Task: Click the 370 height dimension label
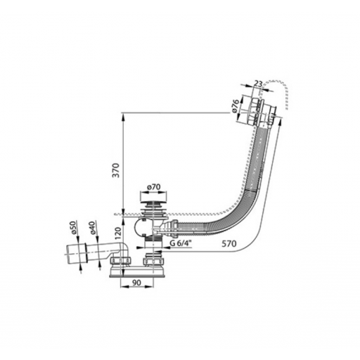coord(117,170)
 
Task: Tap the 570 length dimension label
coord(229,244)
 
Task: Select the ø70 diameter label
coord(153,187)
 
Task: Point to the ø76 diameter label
coord(236,106)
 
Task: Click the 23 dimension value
coord(258,84)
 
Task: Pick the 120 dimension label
coord(118,233)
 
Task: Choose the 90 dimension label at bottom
coord(136,283)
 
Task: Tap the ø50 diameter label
coord(73,227)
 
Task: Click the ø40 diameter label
coord(92,227)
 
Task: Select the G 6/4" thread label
coord(181,243)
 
